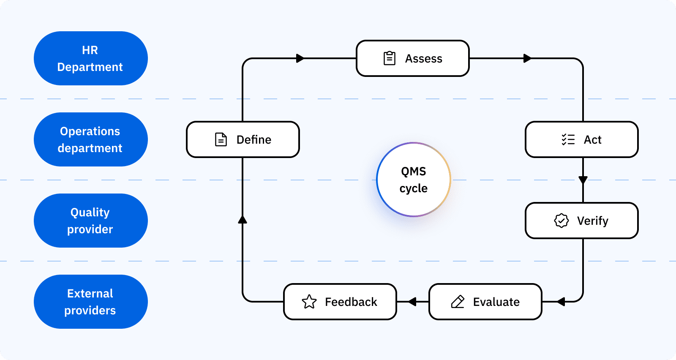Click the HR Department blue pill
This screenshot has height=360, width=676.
pyautogui.click(x=90, y=58)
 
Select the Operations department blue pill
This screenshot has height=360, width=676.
pyautogui.click(x=90, y=139)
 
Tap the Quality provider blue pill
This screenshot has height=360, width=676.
pyautogui.click(x=90, y=221)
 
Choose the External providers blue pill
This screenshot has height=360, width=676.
pyautogui.click(x=90, y=302)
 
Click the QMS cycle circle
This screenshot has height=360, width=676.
pyautogui.click(x=414, y=180)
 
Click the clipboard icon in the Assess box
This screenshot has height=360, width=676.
pyautogui.click(x=389, y=58)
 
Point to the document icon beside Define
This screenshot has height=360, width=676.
pyautogui.click(x=221, y=139)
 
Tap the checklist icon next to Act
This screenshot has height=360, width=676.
pyautogui.click(x=568, y=139)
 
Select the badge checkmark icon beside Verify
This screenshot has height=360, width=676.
pyautogui.click(x=562, y=221)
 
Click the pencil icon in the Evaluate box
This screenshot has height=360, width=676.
pyautogui.click(x=458, y=302)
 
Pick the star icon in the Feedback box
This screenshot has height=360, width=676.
pyautogui.click(x=309, y=302)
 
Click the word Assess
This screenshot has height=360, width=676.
pyautogui.click(x=423, y=59)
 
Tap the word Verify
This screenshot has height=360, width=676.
pyautogui.click(x=592, y=221)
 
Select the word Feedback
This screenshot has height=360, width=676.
pyautogui.click(x=351, y=302)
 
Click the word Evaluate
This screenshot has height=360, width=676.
pyautogui.click(x=496, y=302)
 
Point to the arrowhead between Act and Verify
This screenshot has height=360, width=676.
pyautogui.click(x=583, y=180)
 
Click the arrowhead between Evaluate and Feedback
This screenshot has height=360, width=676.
pyautogui.click(x=412, y=302)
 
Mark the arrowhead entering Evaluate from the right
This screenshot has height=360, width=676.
pyautogui.click(x=561, y=302)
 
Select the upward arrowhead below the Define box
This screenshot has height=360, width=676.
pyautogui.click(x=243, y=219)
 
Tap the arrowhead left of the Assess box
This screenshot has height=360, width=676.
pyautogui.click(x=300, y=58)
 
